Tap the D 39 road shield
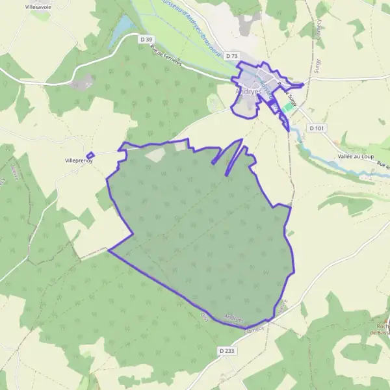pos(146,40)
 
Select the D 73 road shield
pos(232,57)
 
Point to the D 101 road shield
pos(317,128)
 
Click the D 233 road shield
pos(226,350)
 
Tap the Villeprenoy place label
pos(79,160)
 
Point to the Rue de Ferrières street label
pos(166,55)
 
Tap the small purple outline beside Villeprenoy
pos(90,155)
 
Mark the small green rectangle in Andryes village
pos(287,107)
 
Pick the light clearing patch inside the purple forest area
pos(155,154)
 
